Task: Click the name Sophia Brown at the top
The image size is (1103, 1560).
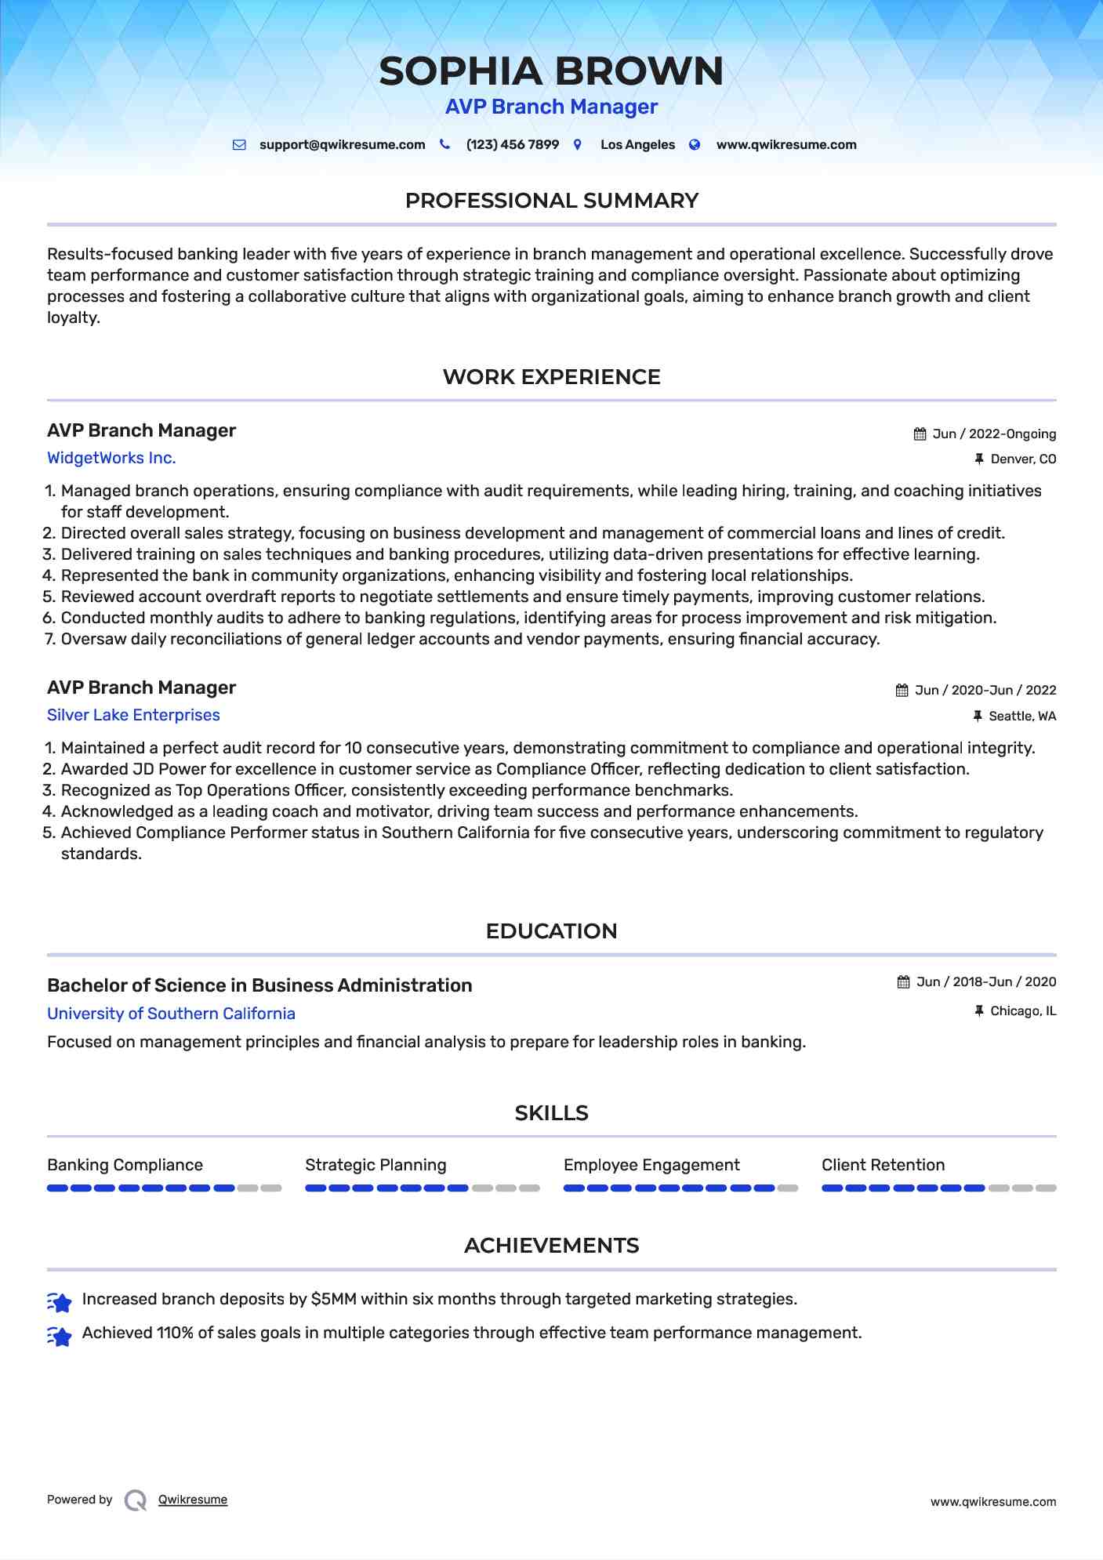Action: [x=551, y=71]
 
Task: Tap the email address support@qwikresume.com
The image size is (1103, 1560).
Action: [x=342, y=145]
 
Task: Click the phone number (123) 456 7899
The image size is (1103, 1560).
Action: [x=512, y=145]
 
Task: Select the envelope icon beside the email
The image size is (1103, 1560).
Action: [x=239, y=145]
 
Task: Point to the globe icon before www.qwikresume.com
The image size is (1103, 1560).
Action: [x=695, y=145]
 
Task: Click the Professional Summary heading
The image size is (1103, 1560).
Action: [x=551, y=201]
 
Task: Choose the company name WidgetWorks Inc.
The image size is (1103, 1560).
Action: [x=111, y=458]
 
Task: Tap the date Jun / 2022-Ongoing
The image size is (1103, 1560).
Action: [x=993, y=434]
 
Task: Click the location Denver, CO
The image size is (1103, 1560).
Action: [x=1022, y=459]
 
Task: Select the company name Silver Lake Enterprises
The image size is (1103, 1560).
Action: [x=133, y=715]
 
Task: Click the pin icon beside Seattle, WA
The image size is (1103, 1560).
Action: [x=978, y=716]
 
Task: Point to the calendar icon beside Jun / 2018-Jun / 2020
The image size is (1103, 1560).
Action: [x=903, y=982]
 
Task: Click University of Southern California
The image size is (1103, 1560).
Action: [x=171, y=1014]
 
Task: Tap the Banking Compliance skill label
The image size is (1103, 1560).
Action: [x=125, y=1165]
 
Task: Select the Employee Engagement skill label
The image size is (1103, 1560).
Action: [x=651, y=1165]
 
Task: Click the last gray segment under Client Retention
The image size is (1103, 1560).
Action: [x=1046, y=1188]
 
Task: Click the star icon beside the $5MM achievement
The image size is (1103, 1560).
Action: [x=60, y=1302]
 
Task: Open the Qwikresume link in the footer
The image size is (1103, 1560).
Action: [x=193, y=1500]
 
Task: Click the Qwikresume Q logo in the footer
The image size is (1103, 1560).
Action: [x=136, y=1500]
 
